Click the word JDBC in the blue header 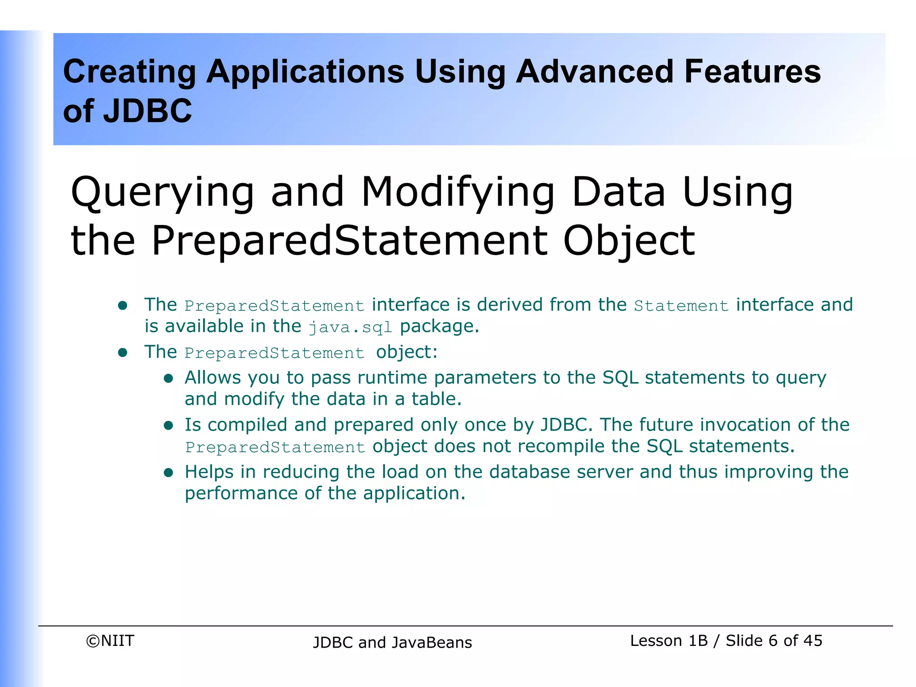click(x=147, y=111)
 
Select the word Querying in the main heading click(x=162, y=192)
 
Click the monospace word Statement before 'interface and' click(x=681, y=306)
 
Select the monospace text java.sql click(x=350, y=327)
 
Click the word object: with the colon click(x=407, y=352)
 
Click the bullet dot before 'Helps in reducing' click(x=168, y=473)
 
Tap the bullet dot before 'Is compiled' click(x=168, y=425)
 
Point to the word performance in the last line click(x=241, y=493)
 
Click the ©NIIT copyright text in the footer click(x=110, y=641)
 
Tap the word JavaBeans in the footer click(x=432, y=643)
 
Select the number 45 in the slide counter click(x=813, y=640)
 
